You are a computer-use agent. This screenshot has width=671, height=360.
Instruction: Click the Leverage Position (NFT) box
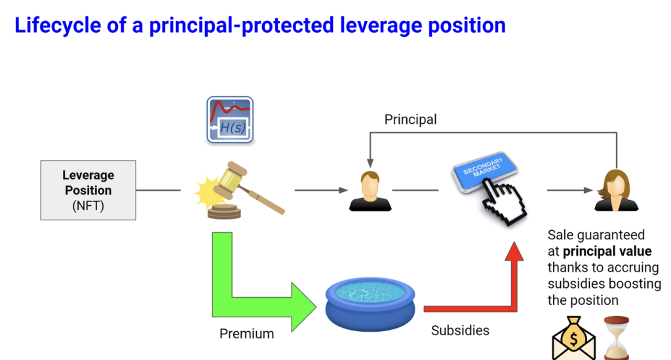88,190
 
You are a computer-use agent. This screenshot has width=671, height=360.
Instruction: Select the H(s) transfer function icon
230,119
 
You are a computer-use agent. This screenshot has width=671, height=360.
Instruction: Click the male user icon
370,191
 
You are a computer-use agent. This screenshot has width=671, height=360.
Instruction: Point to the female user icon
616,191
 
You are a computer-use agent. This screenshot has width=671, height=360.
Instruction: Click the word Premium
246,334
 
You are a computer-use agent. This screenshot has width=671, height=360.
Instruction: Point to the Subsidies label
460,330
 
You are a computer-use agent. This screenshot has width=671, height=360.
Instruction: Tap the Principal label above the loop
410,119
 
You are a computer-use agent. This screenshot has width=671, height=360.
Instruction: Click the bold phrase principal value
607,251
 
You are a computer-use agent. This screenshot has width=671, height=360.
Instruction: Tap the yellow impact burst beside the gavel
208,191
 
